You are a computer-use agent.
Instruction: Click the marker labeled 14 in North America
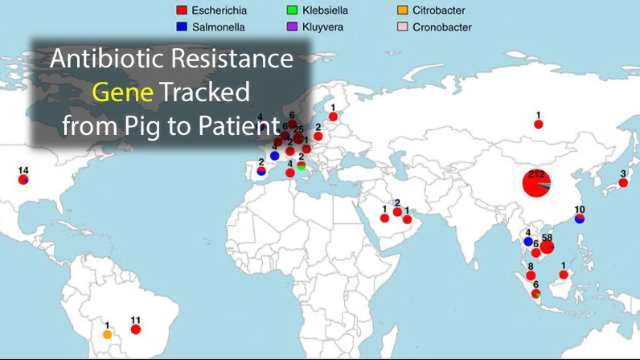24,179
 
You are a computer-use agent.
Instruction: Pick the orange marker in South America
107,333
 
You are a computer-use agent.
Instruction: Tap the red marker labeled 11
135,329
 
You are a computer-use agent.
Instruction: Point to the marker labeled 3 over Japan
623,182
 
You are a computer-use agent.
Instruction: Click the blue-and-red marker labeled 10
579,218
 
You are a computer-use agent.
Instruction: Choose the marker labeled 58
547,247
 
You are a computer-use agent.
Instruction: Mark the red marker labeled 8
531,275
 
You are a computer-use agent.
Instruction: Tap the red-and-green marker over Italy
301,165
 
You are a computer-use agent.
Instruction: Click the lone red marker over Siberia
538,124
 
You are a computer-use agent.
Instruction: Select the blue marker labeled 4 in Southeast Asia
528,241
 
